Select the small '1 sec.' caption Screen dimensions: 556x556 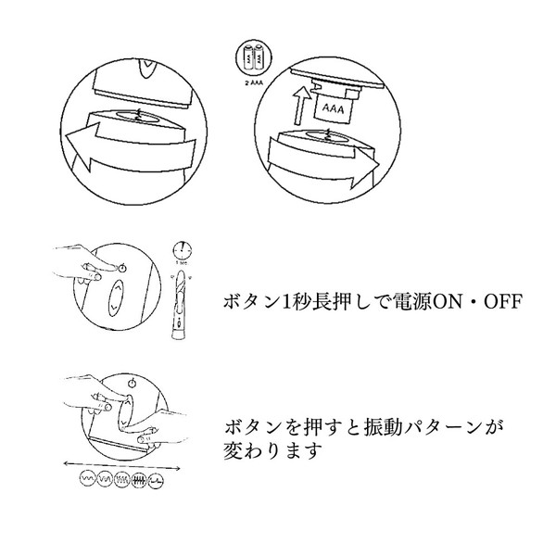[x=182, y=264]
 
